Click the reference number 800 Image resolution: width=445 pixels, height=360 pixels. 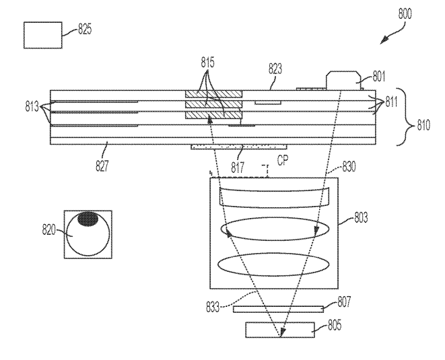[x=405, y=14]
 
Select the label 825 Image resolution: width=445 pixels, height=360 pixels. [x=85, y=29]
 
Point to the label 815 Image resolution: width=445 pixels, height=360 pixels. [x=208, y=62]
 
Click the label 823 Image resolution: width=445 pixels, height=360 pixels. [x=275, y=69]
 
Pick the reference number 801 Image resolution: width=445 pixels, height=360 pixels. [x=378, y=76]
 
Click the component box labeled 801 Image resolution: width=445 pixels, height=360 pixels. [x=343, y=81]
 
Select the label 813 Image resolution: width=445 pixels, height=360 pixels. [x=32, y=107]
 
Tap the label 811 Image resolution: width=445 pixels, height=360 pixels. [x=391, y=102]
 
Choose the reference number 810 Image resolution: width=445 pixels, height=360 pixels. [x=423, y=125]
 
